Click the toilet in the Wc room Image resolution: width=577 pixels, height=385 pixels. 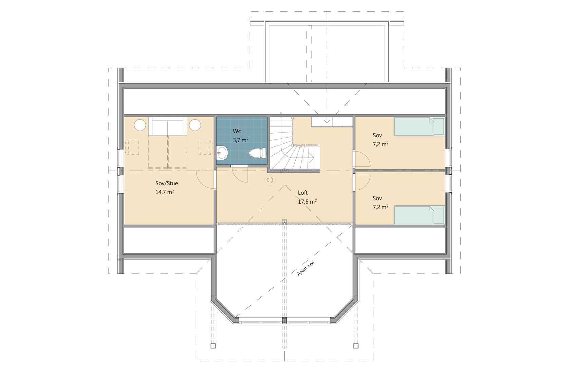click(258, 153)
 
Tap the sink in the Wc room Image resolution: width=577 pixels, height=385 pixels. click(222, 153)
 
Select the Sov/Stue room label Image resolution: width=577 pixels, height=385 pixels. click(166, 183)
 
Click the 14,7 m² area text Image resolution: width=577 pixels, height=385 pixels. click(165, 192)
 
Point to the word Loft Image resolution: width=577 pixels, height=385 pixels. click(303, 193)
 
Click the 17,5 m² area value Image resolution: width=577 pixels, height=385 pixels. click(307, 202)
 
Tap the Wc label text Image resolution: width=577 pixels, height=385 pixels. click(237, 131)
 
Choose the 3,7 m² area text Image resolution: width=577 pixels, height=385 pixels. click(241, 140)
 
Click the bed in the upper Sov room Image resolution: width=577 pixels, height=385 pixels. click(419, 126)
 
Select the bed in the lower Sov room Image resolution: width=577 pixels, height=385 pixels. click(419, 215)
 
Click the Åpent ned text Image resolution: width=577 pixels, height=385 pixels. click(306, 268)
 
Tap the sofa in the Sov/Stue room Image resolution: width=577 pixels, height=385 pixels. click(168, 126)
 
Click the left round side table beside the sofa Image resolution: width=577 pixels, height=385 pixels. click(140, 125)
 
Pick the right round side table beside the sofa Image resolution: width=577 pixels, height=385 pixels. click(195, 125)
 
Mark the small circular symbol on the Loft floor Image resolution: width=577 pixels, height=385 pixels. click(270, 180)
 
